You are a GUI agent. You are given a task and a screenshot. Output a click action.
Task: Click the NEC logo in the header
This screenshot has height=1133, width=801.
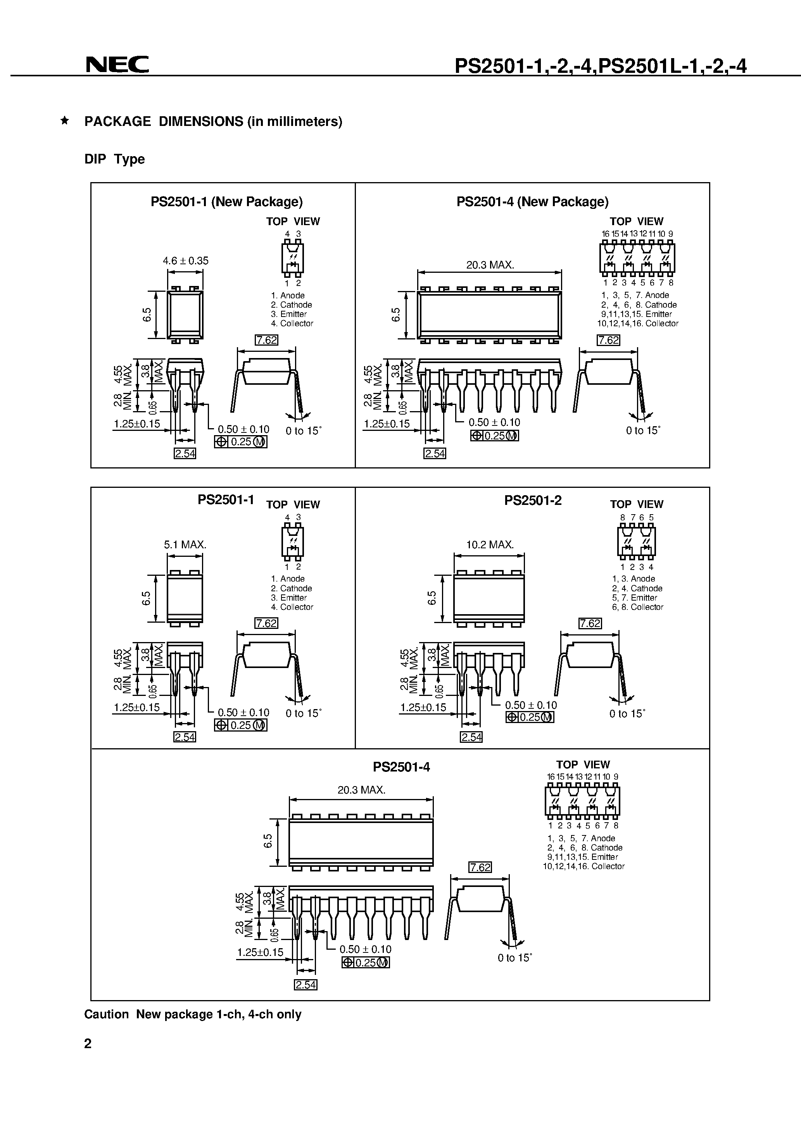[x=117, y=65]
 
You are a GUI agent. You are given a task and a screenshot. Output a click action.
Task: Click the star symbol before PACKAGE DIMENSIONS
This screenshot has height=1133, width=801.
[x=64, y=121]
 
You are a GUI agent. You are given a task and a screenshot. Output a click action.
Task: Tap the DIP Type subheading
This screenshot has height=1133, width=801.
[x=115, y=159]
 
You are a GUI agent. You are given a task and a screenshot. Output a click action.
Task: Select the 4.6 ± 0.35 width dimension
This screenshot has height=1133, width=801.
[x=186, y=260]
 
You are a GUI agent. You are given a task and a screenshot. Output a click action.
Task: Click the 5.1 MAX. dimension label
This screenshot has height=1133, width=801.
[x=185, y=545]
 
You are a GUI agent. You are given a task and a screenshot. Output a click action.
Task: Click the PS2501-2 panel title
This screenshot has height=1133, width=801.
[x=533, y=500]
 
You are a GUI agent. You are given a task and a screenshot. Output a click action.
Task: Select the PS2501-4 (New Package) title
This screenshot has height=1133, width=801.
[x=532, y=201]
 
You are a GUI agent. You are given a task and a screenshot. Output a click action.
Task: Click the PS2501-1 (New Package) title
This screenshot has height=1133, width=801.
[x=227, y=201]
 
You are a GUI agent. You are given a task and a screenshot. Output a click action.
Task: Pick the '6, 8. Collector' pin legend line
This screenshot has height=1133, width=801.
[x=637, y=607]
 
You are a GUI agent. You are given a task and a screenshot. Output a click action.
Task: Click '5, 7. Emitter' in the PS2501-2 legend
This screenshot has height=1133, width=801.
[x=635, y=597]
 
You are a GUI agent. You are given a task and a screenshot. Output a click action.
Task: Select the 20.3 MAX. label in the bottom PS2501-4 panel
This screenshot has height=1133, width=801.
[x=361, y=790]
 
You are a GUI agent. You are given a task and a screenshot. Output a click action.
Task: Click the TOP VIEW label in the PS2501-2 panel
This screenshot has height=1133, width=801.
[x=637, y=505]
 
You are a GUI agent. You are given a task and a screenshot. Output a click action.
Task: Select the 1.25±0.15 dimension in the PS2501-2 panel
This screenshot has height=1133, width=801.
[x=423, y=707]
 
